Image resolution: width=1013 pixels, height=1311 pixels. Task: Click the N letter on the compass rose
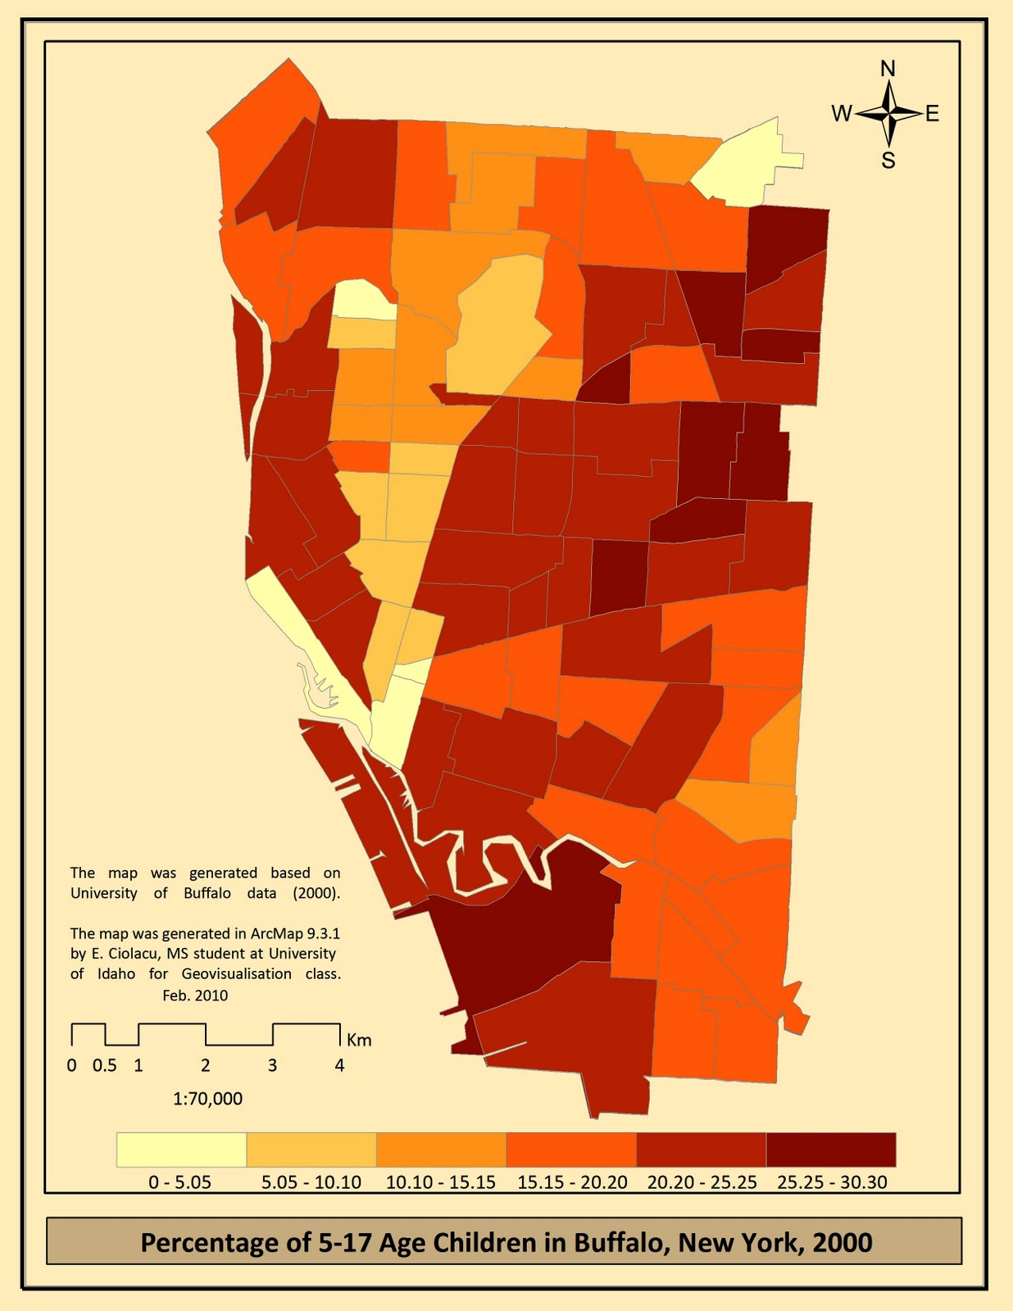(888, 69)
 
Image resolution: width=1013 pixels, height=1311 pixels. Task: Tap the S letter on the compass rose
(888, 161)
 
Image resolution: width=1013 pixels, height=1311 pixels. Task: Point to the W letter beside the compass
(842, 114)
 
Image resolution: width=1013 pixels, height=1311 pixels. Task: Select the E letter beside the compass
(933, 114)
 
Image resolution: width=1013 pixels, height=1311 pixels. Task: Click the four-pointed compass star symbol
(888, 114)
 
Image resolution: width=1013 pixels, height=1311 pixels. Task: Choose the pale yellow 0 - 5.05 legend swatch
(181, 1150)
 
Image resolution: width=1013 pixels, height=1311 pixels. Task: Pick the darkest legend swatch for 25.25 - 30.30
(831, 1150)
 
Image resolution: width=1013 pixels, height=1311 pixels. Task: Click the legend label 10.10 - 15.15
(441, 1182)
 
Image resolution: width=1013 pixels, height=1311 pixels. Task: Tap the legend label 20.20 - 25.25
(702, 1182)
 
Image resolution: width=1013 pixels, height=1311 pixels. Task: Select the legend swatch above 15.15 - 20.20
(571, 1150)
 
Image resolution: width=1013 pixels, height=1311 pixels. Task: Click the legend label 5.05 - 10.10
(311, 1182)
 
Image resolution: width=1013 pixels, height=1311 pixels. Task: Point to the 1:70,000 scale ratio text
(207, 1099)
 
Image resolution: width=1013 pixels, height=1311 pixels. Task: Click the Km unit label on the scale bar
(359, 1041)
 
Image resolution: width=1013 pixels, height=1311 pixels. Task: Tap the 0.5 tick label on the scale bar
(104, 1066)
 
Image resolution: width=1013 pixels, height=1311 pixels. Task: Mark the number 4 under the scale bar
(339, 1066)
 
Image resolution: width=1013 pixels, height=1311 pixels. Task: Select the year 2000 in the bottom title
(843, 1242)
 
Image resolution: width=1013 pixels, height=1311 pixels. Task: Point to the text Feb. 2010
(195, 996)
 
